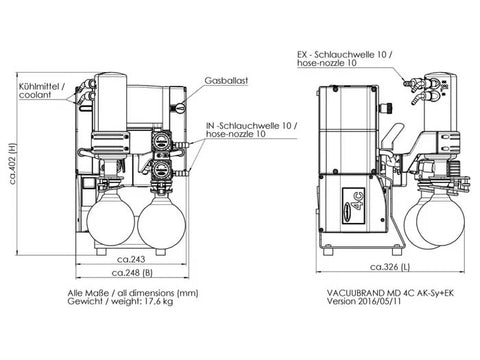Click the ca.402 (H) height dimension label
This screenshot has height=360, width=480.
[13, 164]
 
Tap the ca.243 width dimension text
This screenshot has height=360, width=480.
[131, 259]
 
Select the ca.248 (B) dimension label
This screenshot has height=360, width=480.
[132, 273]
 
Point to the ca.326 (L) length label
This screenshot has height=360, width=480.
[390, 267]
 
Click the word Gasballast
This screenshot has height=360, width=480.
[226, 81]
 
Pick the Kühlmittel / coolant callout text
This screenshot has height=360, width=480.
[42, 91]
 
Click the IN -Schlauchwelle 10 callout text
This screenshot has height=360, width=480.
[251, 126]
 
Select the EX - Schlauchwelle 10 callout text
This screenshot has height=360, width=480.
[344, 54]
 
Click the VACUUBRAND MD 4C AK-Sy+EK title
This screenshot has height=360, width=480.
[390, 293]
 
